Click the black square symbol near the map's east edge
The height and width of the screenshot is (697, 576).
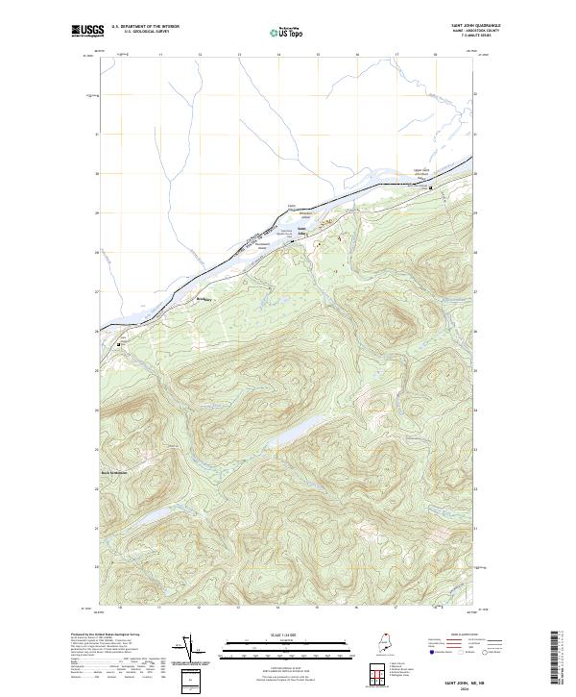pos(430,187)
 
